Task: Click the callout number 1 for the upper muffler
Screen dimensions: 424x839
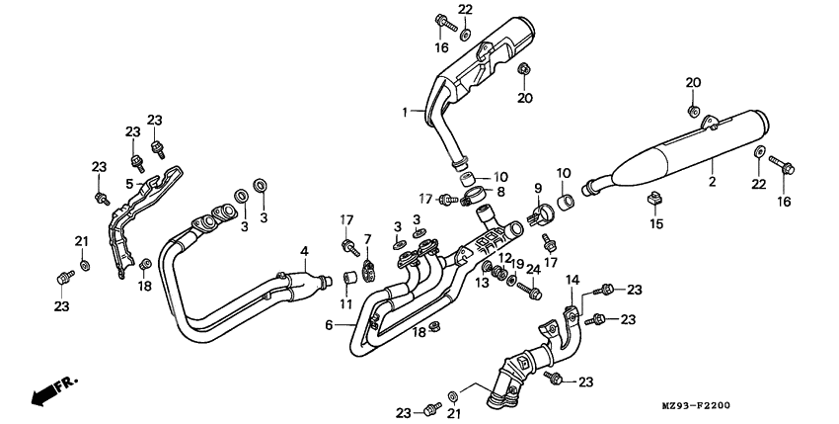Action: (404, 113)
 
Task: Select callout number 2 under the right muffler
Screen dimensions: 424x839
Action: (711, 182)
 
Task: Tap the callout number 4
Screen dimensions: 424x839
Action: (305, 250)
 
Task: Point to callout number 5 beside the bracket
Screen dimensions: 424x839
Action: (129, 183)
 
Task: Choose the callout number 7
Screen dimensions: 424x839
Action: (367, 240)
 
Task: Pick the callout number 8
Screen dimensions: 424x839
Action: (501, 192)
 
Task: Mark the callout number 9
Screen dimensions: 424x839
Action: (538, 188)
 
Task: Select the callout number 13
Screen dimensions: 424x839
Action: (483, 283)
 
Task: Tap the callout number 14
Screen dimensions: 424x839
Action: (571, 281)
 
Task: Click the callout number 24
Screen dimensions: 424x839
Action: (534, 268)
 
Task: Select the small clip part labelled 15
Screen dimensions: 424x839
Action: (652, 201)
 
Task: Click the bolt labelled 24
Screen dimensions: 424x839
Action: (534, 292)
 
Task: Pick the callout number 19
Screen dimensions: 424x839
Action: (518, 264)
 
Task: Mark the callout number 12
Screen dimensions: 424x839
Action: (503, 258)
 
